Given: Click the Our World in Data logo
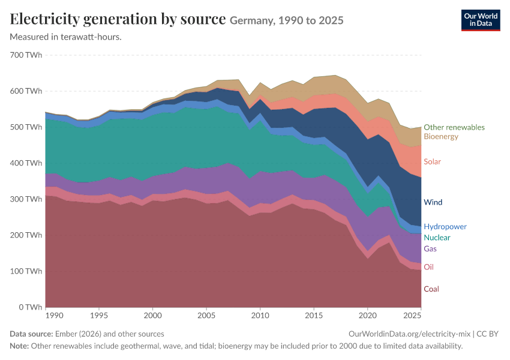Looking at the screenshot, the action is pyautogui.click(x=481, y=20).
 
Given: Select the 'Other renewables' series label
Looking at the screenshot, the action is pyautogui.click(x=454, y=127).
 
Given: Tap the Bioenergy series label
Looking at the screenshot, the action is pyautogui.click(x=441, y=136).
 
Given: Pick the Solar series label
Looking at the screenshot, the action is pyautogui.click(x=432, y=161).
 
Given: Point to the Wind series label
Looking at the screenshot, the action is pyautogui.click(x=433, y=202).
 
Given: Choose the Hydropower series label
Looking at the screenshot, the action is pyautogui.click(x=445, y=227).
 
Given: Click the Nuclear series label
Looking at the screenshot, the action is pyautogui.click(x=437, y=238).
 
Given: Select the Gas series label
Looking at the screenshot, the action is pyautogui.click(x=430, y=249).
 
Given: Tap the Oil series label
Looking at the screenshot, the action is pyautogui.click(x=428, y=267).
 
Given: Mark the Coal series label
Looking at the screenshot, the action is pyautogui.click(x=431, y=289).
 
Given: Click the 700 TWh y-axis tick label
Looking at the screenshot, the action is pyautogui.click(x=26, y=55).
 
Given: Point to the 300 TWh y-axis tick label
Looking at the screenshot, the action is pyautogui.click(x=26, y=199).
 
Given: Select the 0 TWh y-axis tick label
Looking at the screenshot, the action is pyautogui.click(x=30, y=307).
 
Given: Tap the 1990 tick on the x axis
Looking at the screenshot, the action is pyautogui.click(x=55, y=316).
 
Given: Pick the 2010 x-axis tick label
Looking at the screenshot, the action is pyautogui.click(x=260, y=316).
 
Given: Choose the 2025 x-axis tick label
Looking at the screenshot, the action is pyautogui.click(x=412, y=316).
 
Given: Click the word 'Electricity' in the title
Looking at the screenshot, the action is pyautogui.click(x=44, y=19).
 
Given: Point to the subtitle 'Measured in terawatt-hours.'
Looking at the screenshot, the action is pyautogui.click(x=66, y=37).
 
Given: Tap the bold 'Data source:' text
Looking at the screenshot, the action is pyautogui.click(x=31, y=334).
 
